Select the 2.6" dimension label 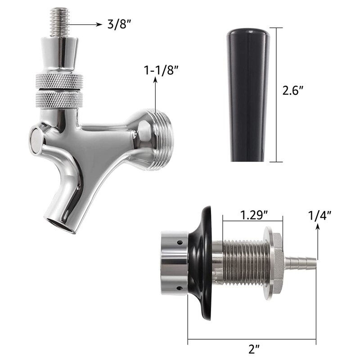click(293, 90)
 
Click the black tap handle click(248, 94)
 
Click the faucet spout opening click(59, 224)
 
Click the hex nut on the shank click(274, 261)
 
